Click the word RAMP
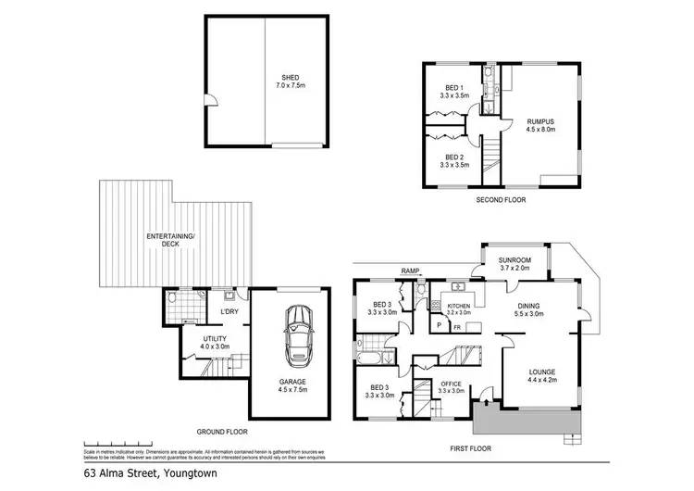pos(410,271)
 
